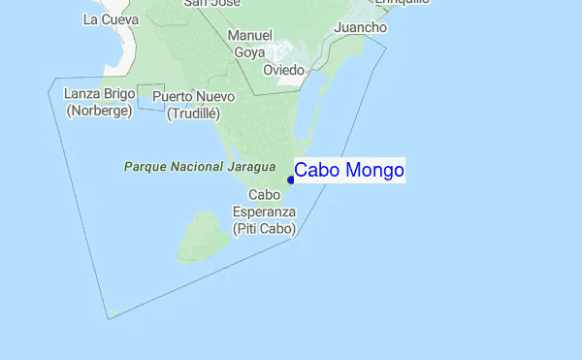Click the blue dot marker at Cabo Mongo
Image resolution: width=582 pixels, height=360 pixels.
[x=291, y=180]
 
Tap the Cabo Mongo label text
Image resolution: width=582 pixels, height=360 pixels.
[x=349, y=171]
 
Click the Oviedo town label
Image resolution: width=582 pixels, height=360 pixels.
[x=284, y=71]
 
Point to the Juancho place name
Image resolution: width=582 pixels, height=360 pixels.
[x=359, y=28]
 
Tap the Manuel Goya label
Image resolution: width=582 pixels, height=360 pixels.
[x=249, y=44]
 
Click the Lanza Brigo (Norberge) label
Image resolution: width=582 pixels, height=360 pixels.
[x=99, y=102]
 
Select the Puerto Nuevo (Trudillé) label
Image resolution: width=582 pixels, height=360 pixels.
[x=194, y=105]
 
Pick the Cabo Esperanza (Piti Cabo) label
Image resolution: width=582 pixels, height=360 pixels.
[x=264, y=212]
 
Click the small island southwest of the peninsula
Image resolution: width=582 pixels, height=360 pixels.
[x=204, y=238]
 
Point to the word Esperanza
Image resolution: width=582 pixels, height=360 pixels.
[x=264, y=212]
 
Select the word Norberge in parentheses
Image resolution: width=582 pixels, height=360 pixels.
[x=99, y=112]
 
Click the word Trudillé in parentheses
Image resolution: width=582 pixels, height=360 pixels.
[x=194, y=114]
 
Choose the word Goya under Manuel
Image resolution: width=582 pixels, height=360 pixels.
[x=249, y=52]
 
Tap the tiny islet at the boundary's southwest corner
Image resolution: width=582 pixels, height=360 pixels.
[x=113, y=313]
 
